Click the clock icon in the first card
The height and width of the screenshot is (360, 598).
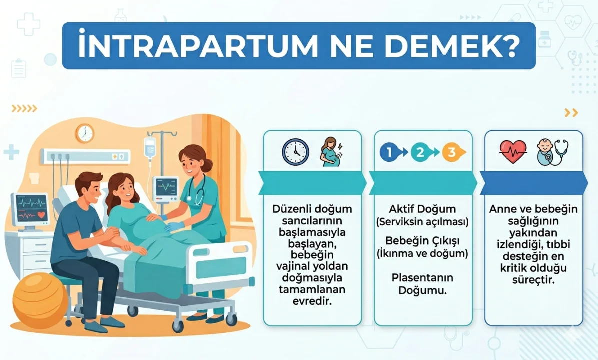coord(295,152)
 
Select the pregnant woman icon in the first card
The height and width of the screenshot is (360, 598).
coord(331,152)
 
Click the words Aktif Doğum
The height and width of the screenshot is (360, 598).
coord(423,209)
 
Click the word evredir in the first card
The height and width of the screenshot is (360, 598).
coord(312,301)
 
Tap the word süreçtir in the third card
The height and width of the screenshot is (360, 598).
coord(533,280)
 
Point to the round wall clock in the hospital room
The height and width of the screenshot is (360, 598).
coord(85,133)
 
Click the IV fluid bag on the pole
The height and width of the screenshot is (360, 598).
coord(150,147)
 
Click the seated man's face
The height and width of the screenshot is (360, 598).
coord(91,189)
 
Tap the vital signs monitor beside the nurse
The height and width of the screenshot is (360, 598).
coord(166,188)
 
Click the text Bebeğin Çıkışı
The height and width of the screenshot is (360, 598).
coord(423,241)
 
